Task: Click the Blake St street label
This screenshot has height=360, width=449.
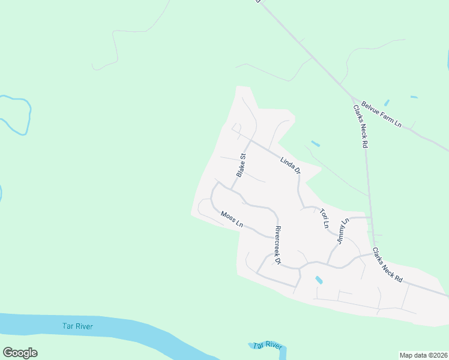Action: pyautogui.click(x=241, y=166)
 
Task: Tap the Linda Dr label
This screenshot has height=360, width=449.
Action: pyautogui.click(x=290, y=166)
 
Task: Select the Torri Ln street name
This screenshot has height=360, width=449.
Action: pyautogui.click(x=325, y=218)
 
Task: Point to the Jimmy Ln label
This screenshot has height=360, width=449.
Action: pyautogui.click(x=343, y=231)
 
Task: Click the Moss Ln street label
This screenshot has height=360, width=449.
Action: pyautogui.click(x=232, y=219)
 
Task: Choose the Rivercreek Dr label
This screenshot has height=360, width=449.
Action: pyautogui.click(x=277, y=245)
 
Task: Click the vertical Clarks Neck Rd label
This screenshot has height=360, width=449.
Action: pyautogui.click(x=360, y=127)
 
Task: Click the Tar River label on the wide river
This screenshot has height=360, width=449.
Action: pyautogui.click(x=78, y=326)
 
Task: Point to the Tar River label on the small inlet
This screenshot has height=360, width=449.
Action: pyautogui.click(x=267, y=345)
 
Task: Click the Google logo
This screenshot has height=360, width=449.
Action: pyautogui.click(x=20, y=353)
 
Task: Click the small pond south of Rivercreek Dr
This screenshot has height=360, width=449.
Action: pyautogui.click(x=319, y=280)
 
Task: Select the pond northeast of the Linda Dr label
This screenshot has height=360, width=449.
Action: pyautogui.click(x=315, y=144)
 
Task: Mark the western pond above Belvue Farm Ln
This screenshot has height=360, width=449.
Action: pyautogui.click(x=385, y=103)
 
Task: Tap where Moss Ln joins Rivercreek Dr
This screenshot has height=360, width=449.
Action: pyautogui.click(x=273, y=236)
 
